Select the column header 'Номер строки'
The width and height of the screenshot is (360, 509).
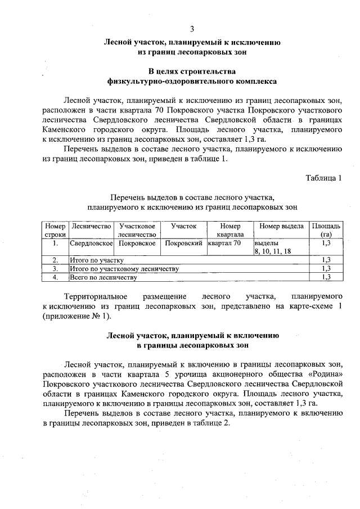[x=55, y=229]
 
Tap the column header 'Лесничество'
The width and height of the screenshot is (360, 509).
[x=90, y=226]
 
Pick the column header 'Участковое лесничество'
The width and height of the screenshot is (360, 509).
[x=137, y=229]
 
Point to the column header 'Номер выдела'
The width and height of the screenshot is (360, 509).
[x=281, y=226]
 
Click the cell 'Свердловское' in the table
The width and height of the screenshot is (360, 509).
[x=91, y=244]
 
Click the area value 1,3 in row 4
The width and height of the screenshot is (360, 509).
[x=325, y=277]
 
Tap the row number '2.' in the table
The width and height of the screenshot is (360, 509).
[x=55, y=260]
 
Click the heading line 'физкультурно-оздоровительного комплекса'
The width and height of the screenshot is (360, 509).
[x=192, y=81]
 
